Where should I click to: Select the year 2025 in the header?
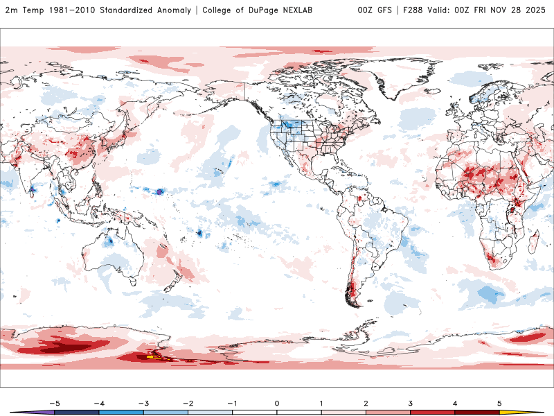(534, 10)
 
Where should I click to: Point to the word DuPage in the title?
(249, 10)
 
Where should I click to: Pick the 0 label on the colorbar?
(276, 402)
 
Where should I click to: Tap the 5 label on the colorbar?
(499, 402)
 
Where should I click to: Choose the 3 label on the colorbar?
(410, 402)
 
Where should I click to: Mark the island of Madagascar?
(533, 243)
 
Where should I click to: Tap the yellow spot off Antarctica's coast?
(150, 357)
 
